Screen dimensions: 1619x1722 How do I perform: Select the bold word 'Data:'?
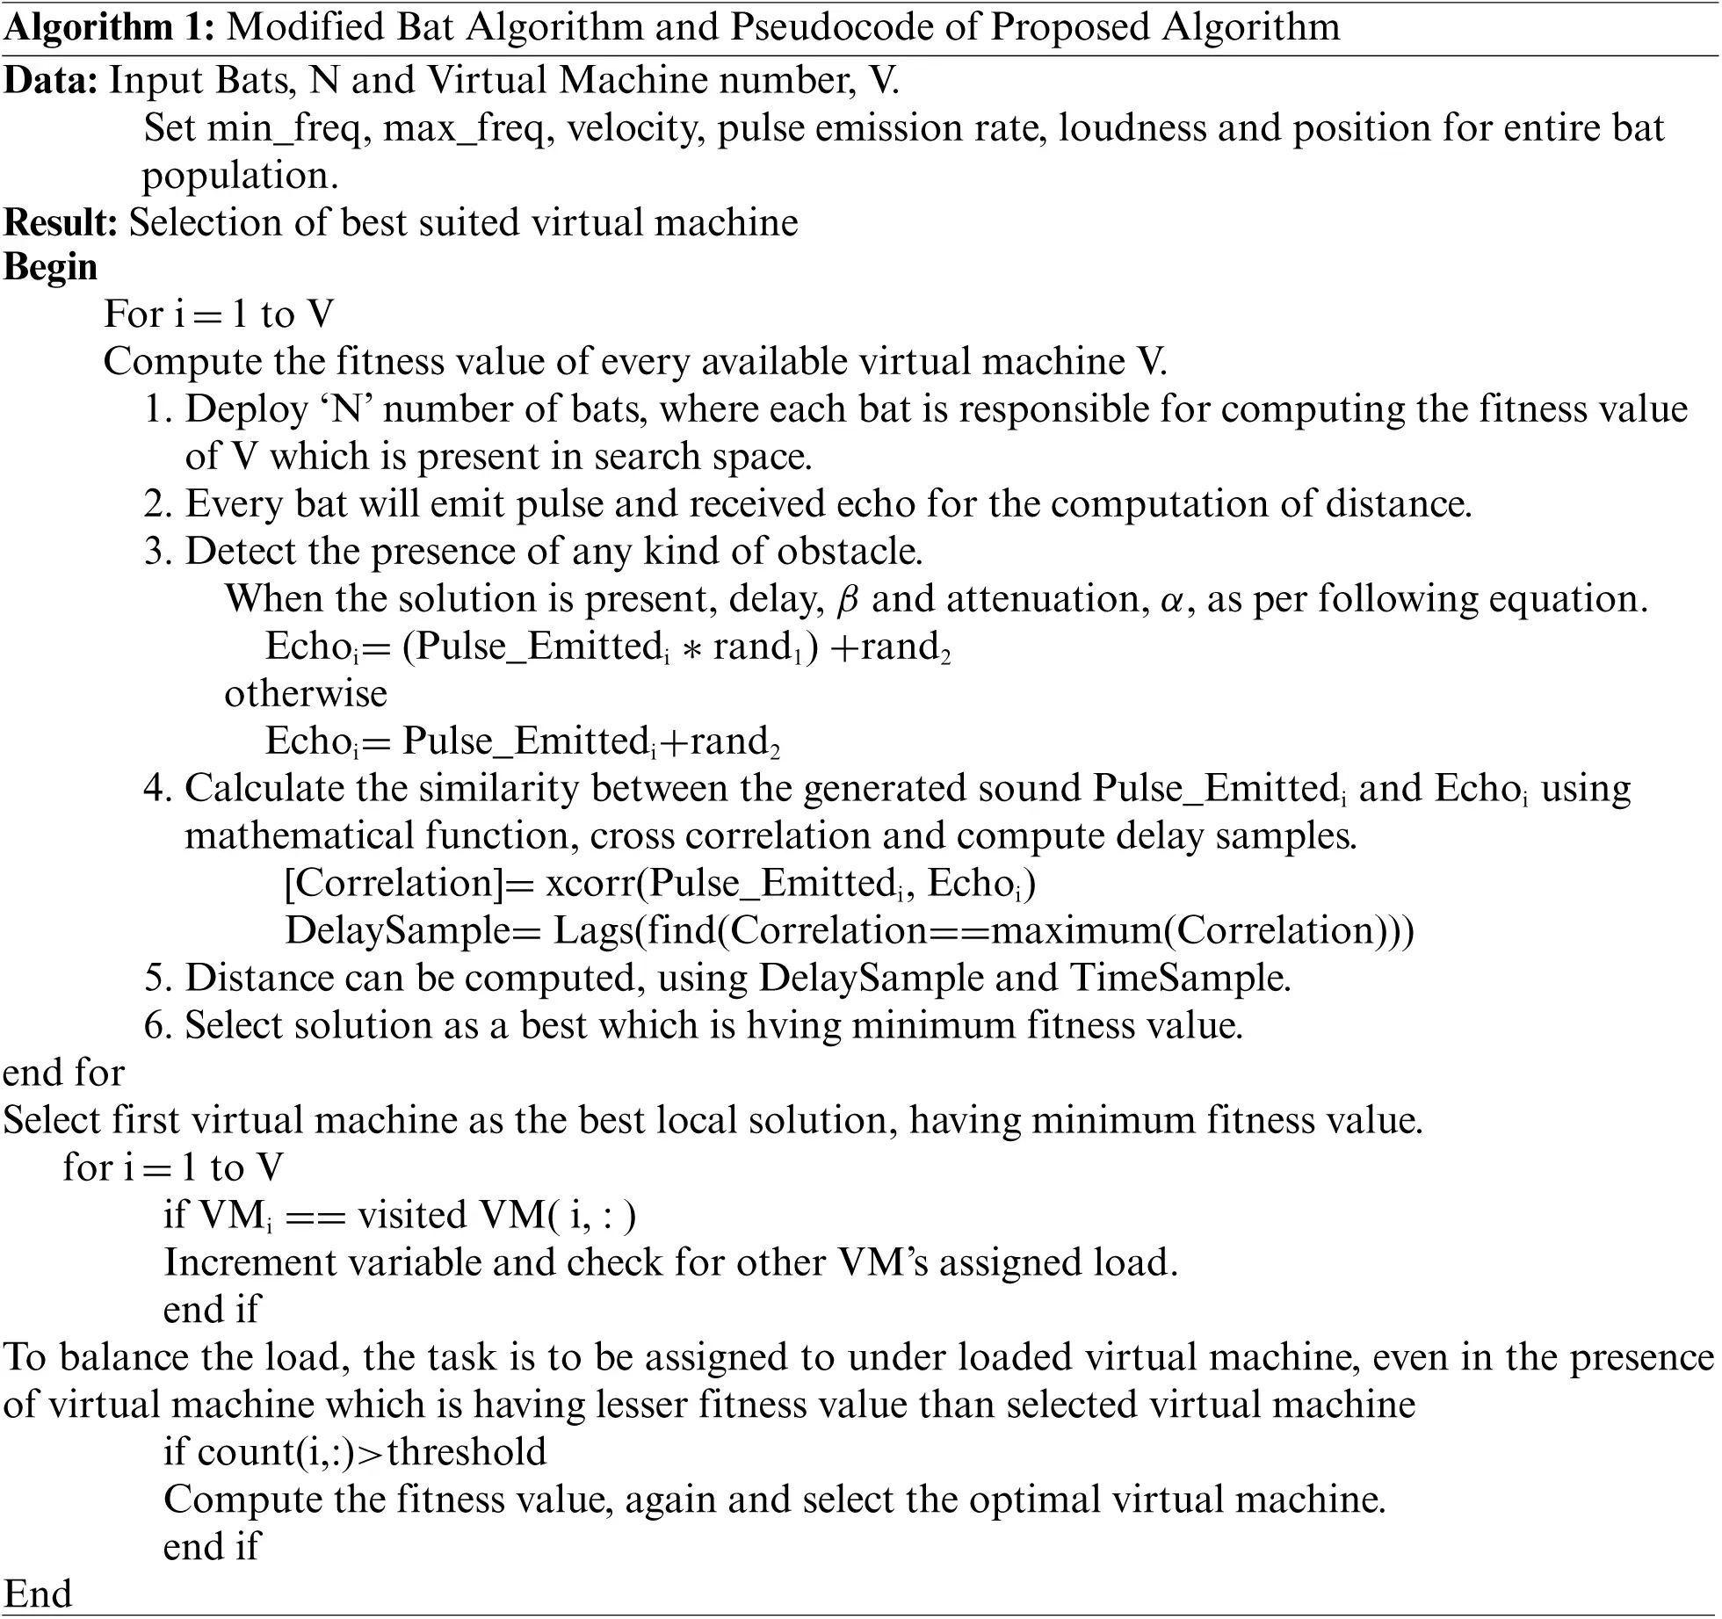tap(50, 81)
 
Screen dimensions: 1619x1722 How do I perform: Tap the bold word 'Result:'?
tap(61, 222)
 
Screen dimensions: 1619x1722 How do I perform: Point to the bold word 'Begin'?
tap(50, 268)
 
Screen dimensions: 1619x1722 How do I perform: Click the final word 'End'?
tap(38, 1594)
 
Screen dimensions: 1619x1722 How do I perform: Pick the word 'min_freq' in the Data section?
tap(284, 129)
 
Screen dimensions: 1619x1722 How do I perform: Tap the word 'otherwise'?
tap(306, 694)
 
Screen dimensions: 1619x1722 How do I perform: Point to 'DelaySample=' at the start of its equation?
tap(412, 930)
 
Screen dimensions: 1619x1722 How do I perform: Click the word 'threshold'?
tap(467, 1452)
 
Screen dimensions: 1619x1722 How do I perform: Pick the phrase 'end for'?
tap(64, 1073)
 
